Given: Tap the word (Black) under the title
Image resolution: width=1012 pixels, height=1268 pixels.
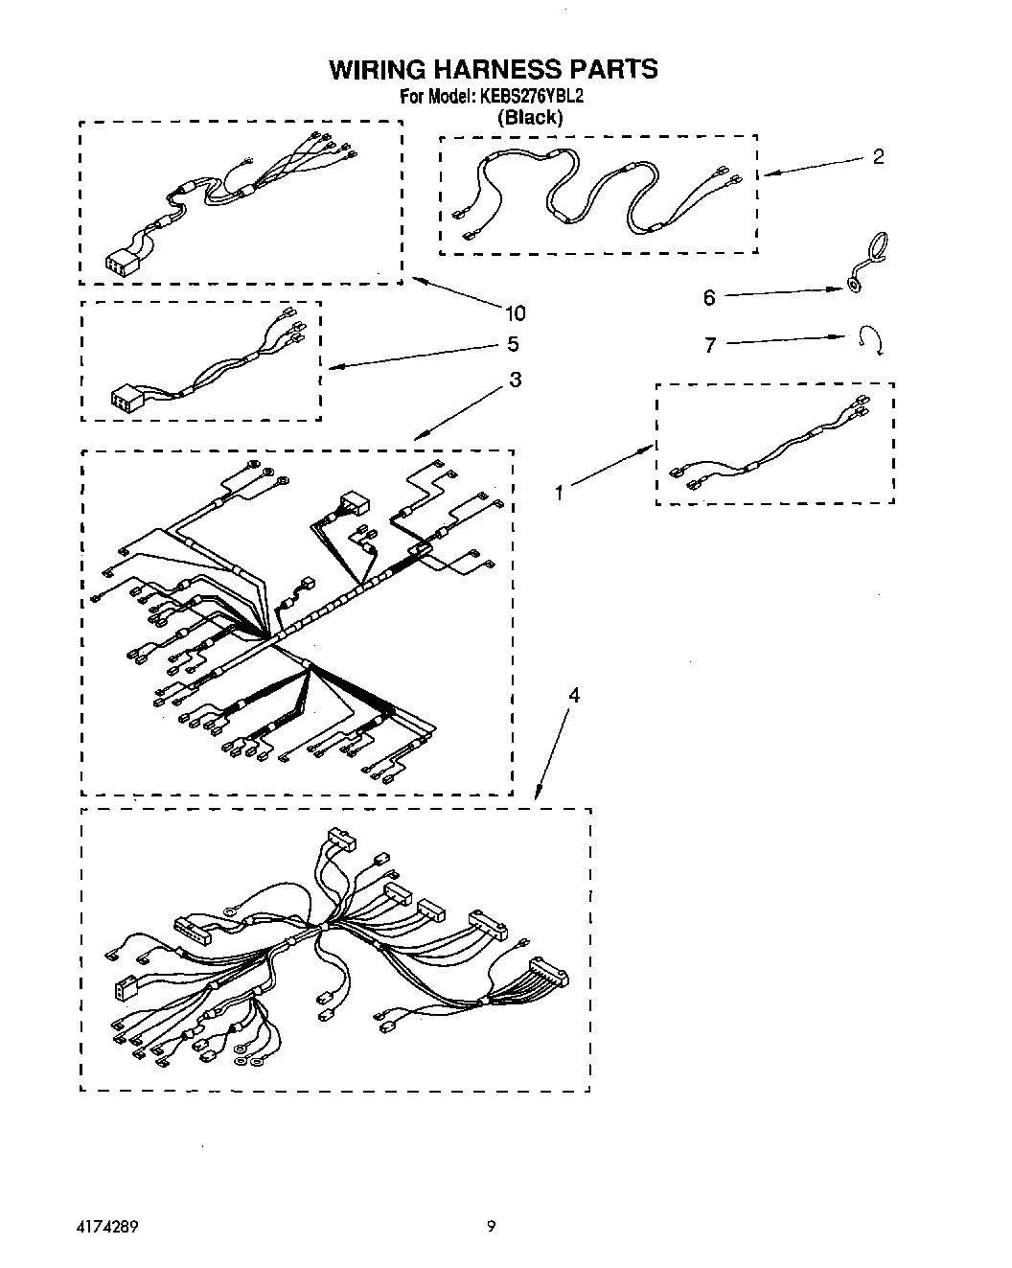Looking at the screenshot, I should (530, 117).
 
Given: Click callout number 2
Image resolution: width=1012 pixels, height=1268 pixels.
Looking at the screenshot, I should (878, 157).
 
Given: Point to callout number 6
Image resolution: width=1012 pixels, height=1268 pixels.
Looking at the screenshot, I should (709, 298).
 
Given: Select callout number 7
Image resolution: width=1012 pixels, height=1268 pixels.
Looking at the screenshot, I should (710, 345).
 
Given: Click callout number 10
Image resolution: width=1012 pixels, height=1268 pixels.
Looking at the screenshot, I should (515, 313).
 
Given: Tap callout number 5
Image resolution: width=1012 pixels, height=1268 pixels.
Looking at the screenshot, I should (513, 344).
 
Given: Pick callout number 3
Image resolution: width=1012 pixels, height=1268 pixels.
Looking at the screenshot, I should (516, 380).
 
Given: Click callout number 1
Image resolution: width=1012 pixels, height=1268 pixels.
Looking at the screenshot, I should (560, 493).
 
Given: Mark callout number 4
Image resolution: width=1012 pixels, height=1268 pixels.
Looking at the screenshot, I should (573, 695).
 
